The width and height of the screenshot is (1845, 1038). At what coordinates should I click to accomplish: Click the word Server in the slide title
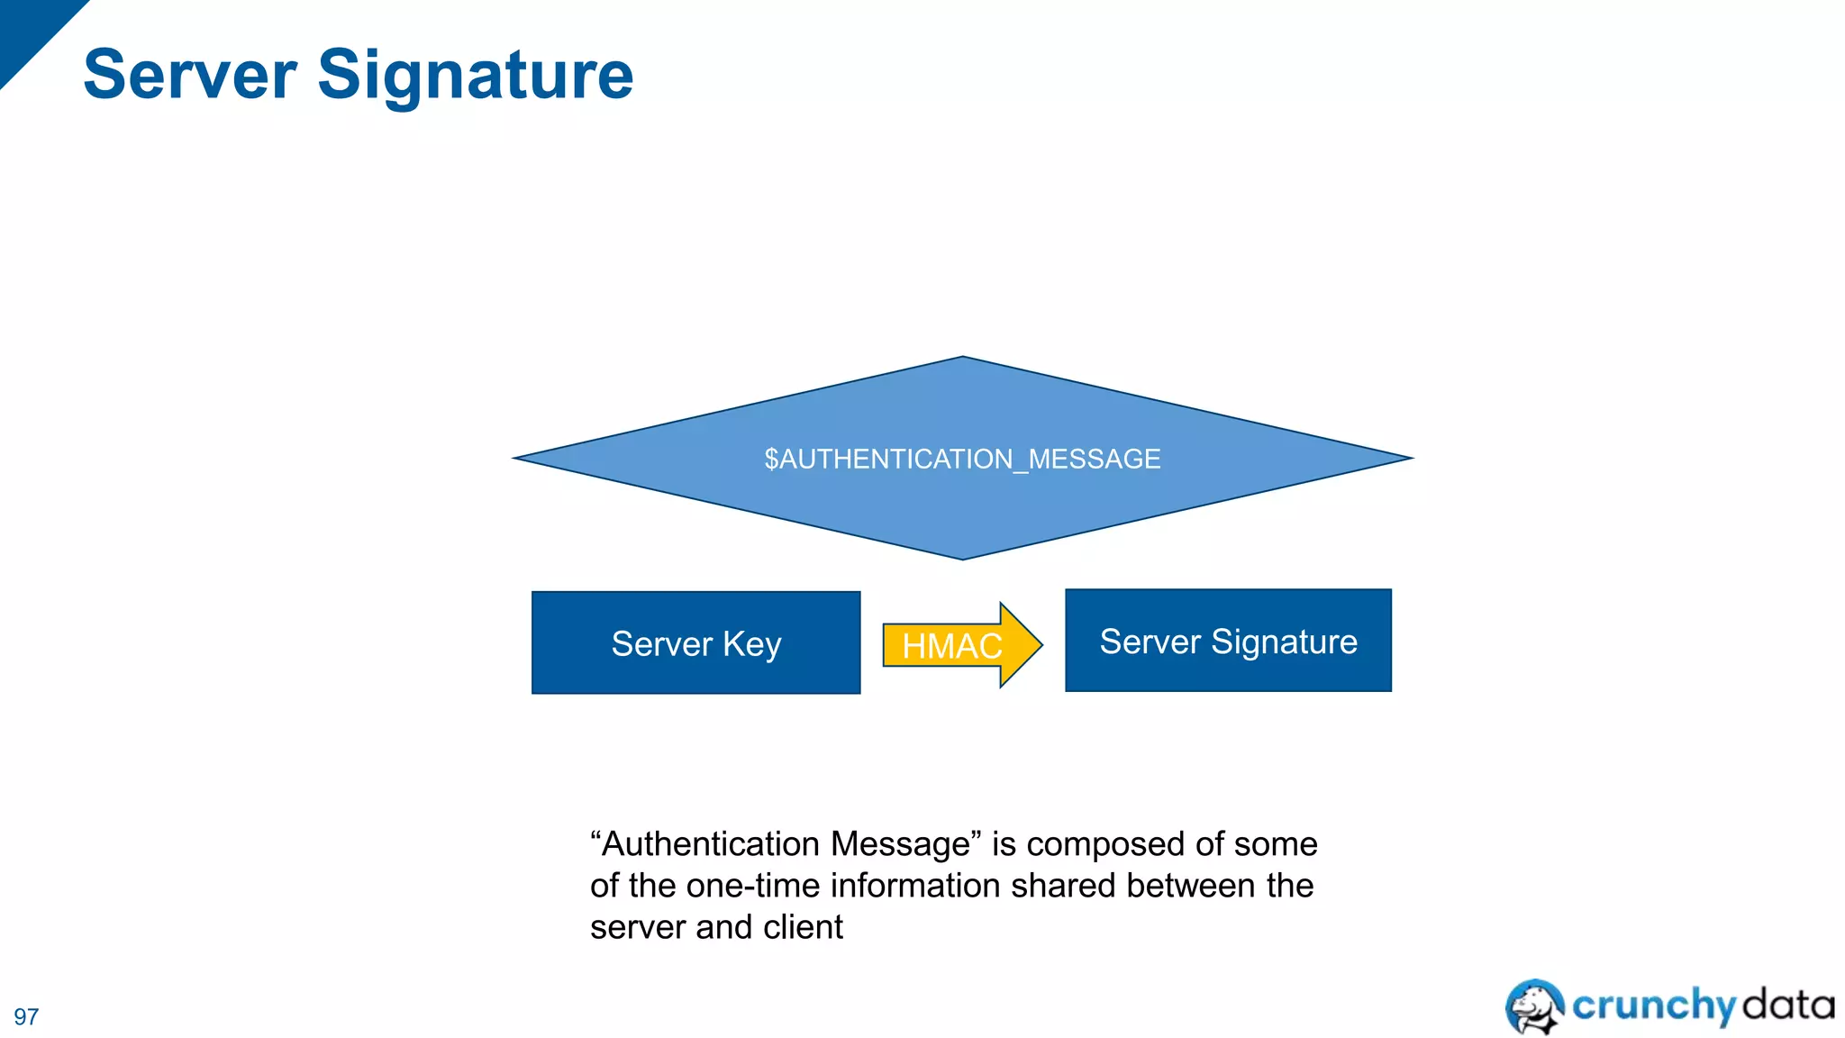[190, 75]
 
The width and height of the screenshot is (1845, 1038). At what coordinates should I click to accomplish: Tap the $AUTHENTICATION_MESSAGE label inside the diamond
[962, 460]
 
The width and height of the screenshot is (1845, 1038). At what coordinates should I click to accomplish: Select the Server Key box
[695, 643]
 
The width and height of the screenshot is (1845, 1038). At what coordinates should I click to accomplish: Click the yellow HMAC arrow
[953, 645]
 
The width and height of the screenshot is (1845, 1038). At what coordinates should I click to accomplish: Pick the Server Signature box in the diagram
[1228, 642]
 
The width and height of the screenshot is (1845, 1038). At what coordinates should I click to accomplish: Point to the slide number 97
[26, 1016]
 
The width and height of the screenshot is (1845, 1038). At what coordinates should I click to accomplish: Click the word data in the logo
[1788, 1004]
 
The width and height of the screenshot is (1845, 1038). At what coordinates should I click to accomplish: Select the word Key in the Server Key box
[751, 645]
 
